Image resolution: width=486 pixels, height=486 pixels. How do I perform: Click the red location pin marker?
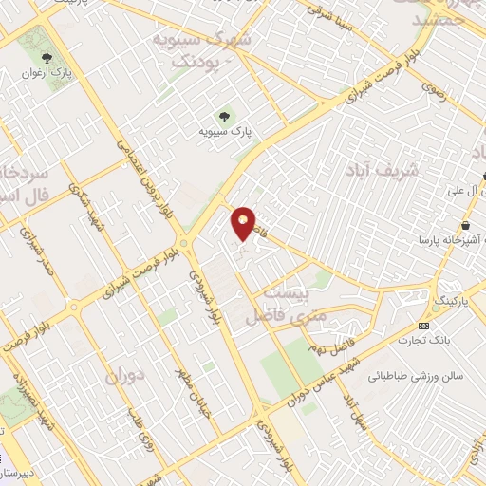click(244, 223)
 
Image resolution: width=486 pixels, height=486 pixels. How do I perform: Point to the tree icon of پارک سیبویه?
click(225, 117)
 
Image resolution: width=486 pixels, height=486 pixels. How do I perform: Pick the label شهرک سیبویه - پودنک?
click(206, 50)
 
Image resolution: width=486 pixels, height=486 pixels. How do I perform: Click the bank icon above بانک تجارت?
click(422, 326)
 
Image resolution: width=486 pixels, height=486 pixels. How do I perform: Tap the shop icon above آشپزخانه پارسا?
click(469, 224)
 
